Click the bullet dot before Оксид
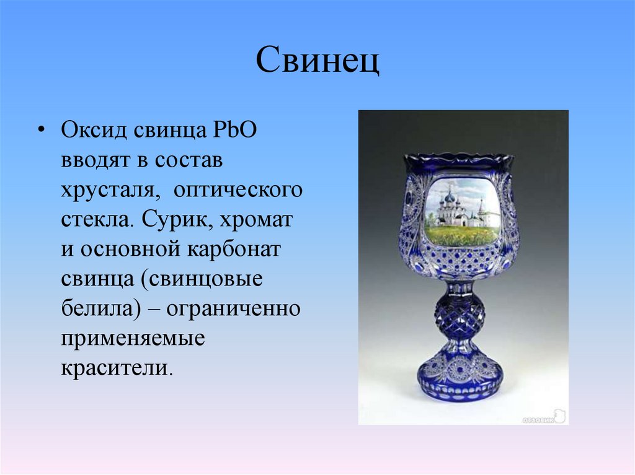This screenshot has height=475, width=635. [x=41, y=131]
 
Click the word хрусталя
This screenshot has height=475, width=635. [x=107, y=190]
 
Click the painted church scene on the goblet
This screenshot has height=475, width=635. [x=463, y=211]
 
